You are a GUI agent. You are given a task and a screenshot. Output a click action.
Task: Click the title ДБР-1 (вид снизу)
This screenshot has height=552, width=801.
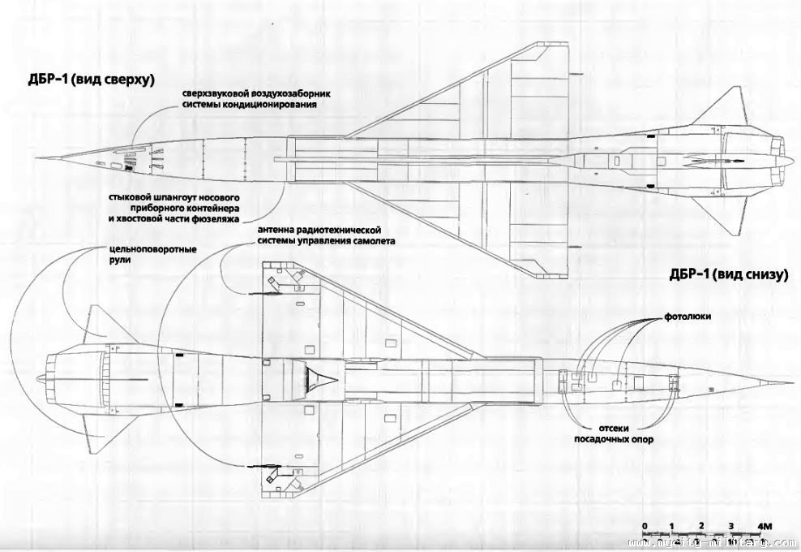(728, 275)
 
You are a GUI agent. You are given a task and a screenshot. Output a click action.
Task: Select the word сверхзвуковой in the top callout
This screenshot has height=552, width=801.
(212, 92)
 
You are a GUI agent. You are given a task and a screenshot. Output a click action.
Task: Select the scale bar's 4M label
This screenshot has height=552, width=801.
(766, 525)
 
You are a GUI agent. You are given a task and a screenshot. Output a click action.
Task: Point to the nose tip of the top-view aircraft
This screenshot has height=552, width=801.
(38, 158)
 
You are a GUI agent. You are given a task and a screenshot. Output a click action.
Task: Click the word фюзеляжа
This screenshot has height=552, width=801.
(218, 219)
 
